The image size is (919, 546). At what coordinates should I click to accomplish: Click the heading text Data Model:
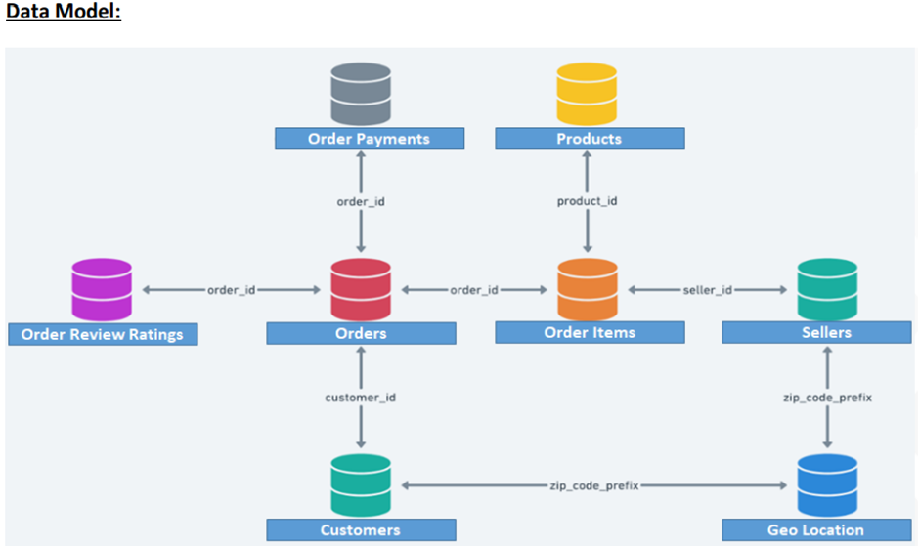pos(64,14)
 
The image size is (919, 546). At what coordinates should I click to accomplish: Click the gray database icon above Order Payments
pos(361,94)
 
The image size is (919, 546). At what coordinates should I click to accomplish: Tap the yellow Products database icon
pos(588,94)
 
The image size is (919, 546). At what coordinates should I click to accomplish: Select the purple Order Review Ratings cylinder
pos(102,289)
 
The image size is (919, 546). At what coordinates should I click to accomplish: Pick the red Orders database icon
pos(361,289)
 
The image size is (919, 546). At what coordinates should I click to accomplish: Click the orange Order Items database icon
pos(588,289)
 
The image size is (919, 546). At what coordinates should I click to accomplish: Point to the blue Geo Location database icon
pos(827,484)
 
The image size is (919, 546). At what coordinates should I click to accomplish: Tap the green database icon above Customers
pos(361,484)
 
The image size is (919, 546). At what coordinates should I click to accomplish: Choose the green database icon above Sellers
pos(827,289)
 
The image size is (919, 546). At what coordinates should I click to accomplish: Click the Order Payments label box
pos(369,139)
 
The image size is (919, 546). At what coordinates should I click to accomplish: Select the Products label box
pos(590,139)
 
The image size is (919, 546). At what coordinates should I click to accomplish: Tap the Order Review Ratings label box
pos(103,334)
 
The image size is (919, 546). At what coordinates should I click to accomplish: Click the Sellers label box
pos(816,333)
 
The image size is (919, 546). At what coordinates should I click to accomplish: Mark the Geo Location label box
pos(816,529)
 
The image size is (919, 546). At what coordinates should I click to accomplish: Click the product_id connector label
pos(588,201)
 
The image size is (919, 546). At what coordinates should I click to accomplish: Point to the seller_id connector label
pos(709,290)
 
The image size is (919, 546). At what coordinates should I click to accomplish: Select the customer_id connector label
pos(361,398)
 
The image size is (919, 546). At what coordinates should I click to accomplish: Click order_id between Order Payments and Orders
pos(361,201)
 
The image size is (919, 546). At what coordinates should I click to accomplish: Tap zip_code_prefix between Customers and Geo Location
pos(594,485)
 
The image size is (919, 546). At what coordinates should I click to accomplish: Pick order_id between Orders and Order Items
pos(474,290)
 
